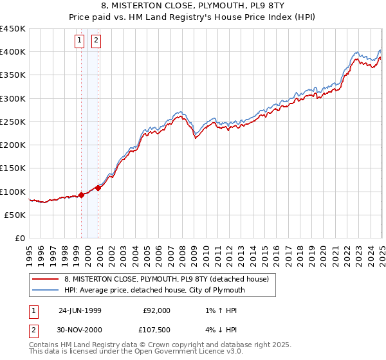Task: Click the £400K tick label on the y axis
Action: [x=13, y=52]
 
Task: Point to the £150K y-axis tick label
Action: [x=13, y=168]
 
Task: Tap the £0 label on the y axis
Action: [x=19, y=238]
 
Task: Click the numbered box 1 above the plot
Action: [x=80, y=41]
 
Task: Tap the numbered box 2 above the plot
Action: [x=96, y=41]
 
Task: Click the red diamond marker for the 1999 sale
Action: [x=82, y=195]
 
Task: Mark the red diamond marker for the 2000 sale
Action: [x=98, y=188]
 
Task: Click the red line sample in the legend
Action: [x=46, y=279]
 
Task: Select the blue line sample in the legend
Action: [x=46, y=290]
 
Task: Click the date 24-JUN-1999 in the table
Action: [x=80, y=310]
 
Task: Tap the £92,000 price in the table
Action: [x=157, y=310]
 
